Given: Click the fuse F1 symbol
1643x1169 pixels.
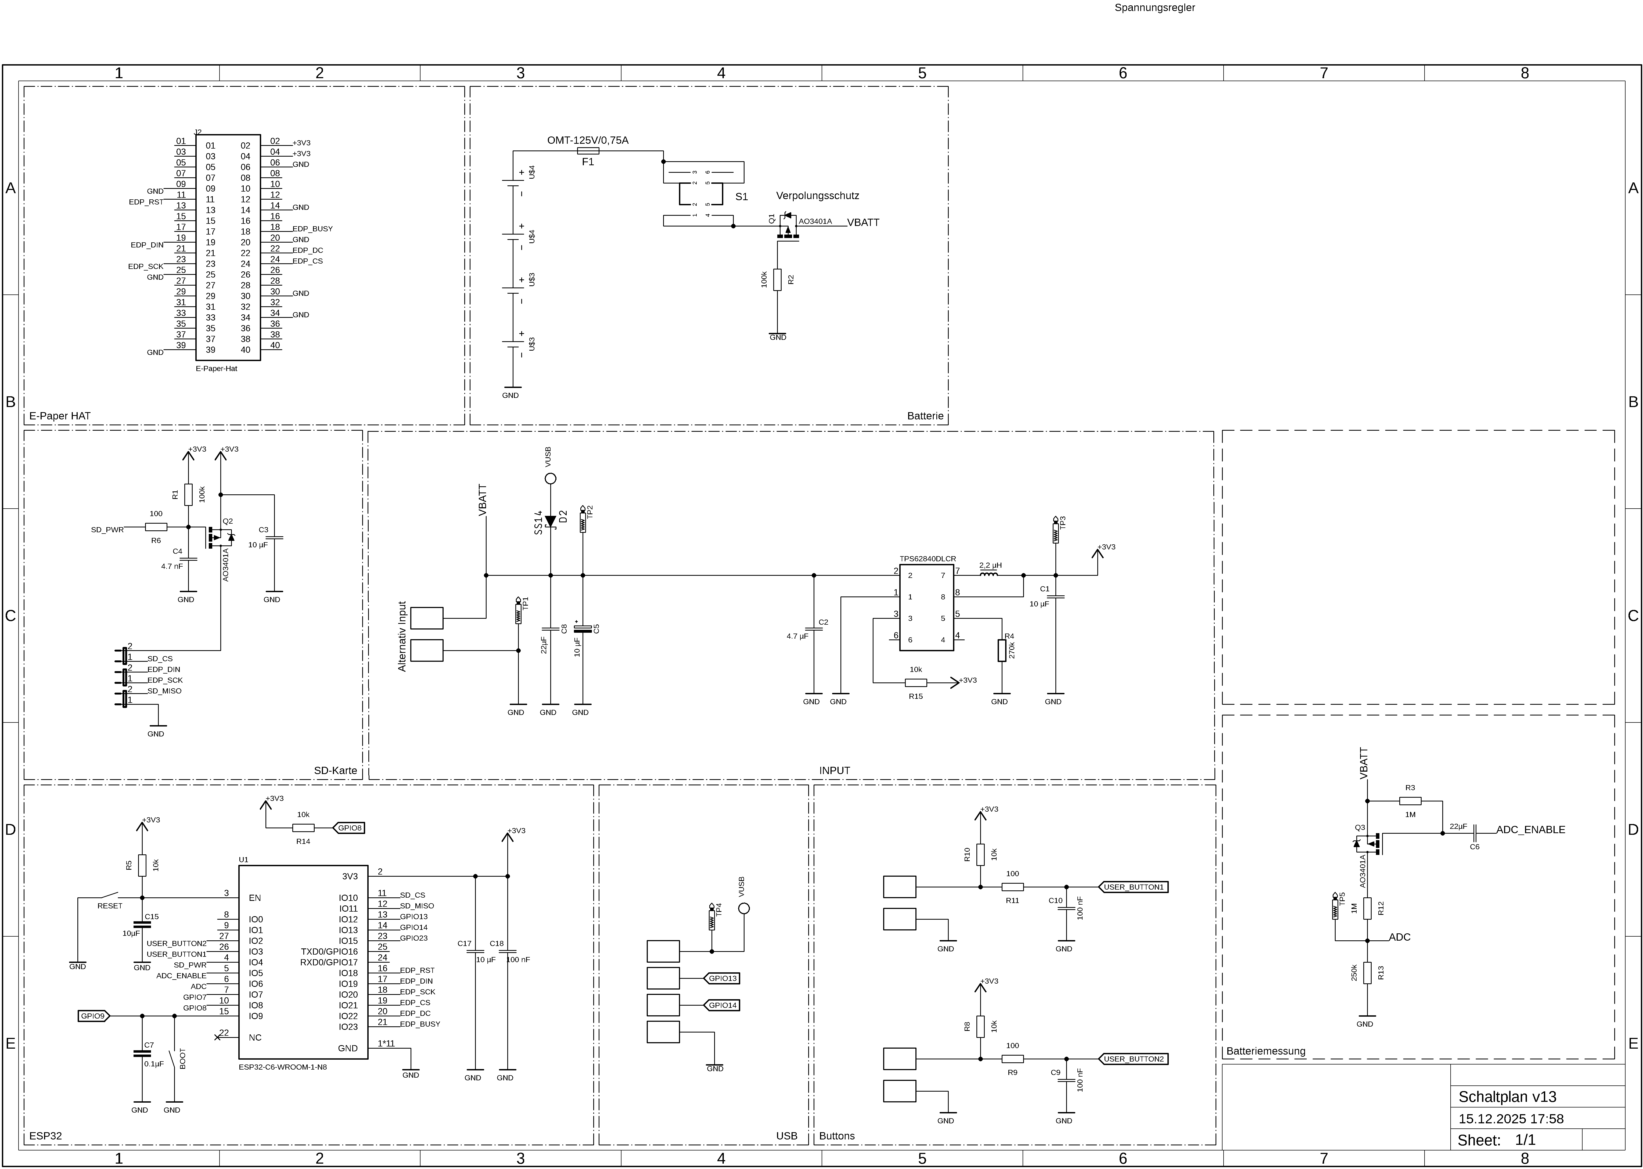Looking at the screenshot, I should [x=588, y=151].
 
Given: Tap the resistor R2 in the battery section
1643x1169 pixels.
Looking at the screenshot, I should [x=777, y=279].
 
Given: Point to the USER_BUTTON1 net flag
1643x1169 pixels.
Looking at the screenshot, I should [x=1133, y=887].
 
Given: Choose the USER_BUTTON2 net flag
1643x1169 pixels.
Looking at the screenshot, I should [x=1133, y=1059].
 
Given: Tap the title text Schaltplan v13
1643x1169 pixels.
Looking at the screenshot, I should [x=1507, y=1096].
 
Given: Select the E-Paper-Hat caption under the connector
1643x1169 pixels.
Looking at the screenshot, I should [x=216, y=369].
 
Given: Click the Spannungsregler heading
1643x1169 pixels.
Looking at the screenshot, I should [x=1154, y=8].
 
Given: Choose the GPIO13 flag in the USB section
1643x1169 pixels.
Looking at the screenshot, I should [x=722, y=978].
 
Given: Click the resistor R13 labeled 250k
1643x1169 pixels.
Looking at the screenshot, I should [x=1367, y=973].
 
